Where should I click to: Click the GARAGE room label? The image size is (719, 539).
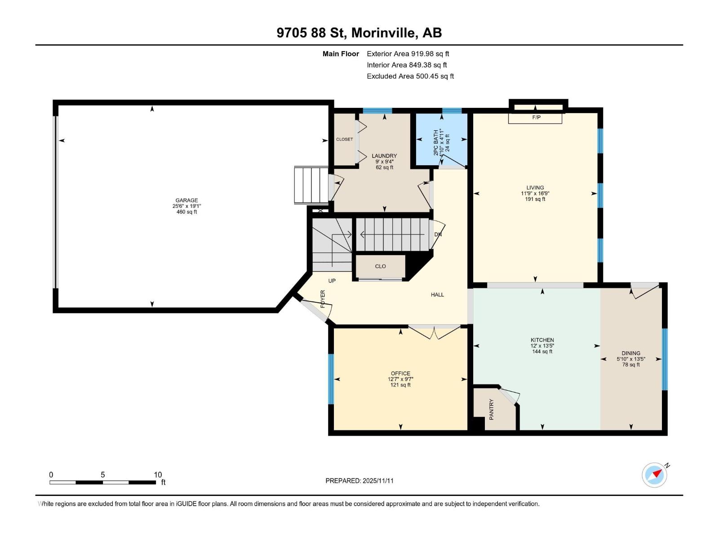186,200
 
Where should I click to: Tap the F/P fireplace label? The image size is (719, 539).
536,118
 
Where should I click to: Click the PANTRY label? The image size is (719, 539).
491,409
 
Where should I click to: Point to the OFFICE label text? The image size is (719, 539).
400,373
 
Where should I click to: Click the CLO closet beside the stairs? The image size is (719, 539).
380,266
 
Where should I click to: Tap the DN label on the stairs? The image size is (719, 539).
438,234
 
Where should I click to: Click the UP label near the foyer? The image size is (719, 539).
332,281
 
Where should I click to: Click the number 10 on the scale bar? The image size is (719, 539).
158,475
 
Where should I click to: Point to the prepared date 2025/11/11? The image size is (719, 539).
359,481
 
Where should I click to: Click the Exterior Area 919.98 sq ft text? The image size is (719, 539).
408,54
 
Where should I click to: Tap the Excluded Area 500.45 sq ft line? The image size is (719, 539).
410,76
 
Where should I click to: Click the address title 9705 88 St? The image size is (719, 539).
359,33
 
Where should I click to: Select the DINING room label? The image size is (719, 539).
631,353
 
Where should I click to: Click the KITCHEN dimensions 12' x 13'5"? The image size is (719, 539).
542,346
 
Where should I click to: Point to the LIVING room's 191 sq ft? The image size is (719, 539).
535,199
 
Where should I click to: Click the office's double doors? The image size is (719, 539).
434,332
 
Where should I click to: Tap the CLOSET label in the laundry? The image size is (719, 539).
344,139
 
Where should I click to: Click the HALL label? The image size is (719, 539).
437,295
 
